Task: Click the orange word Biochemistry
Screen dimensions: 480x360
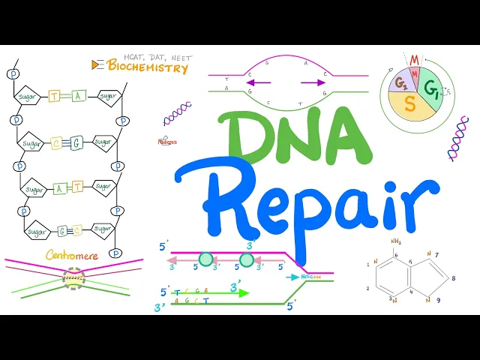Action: click(148, 67)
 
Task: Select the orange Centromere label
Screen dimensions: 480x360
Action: click(72, 255)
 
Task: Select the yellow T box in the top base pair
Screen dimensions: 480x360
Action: click(55, 96)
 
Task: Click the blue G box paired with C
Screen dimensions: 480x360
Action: click(76, 143)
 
